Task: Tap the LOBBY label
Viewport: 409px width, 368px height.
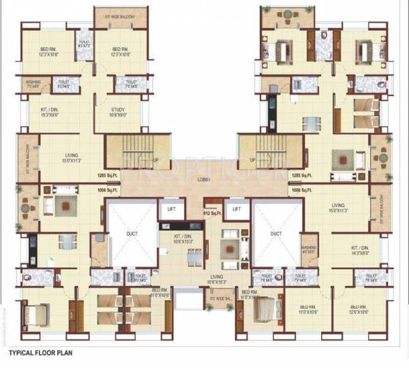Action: pyautogui.click(x=204, y=179)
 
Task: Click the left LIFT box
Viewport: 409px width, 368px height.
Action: pyautogui.click(x=171, y=210)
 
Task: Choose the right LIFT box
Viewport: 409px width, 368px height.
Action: pyautogui.click(x=237, y=210)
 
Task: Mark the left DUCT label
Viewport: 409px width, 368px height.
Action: pyautogui.click(x=132, y=233)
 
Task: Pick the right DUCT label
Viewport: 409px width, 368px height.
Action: pyautogui.click(x=275, y=233)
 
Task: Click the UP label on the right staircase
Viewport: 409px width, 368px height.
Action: pyautogui.click(x=252, y=161)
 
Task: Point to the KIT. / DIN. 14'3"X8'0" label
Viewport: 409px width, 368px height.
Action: pyautogui.click(x=359, y=249)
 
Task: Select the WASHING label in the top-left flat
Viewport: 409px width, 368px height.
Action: pyautogui.click(x=34, y=85)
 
